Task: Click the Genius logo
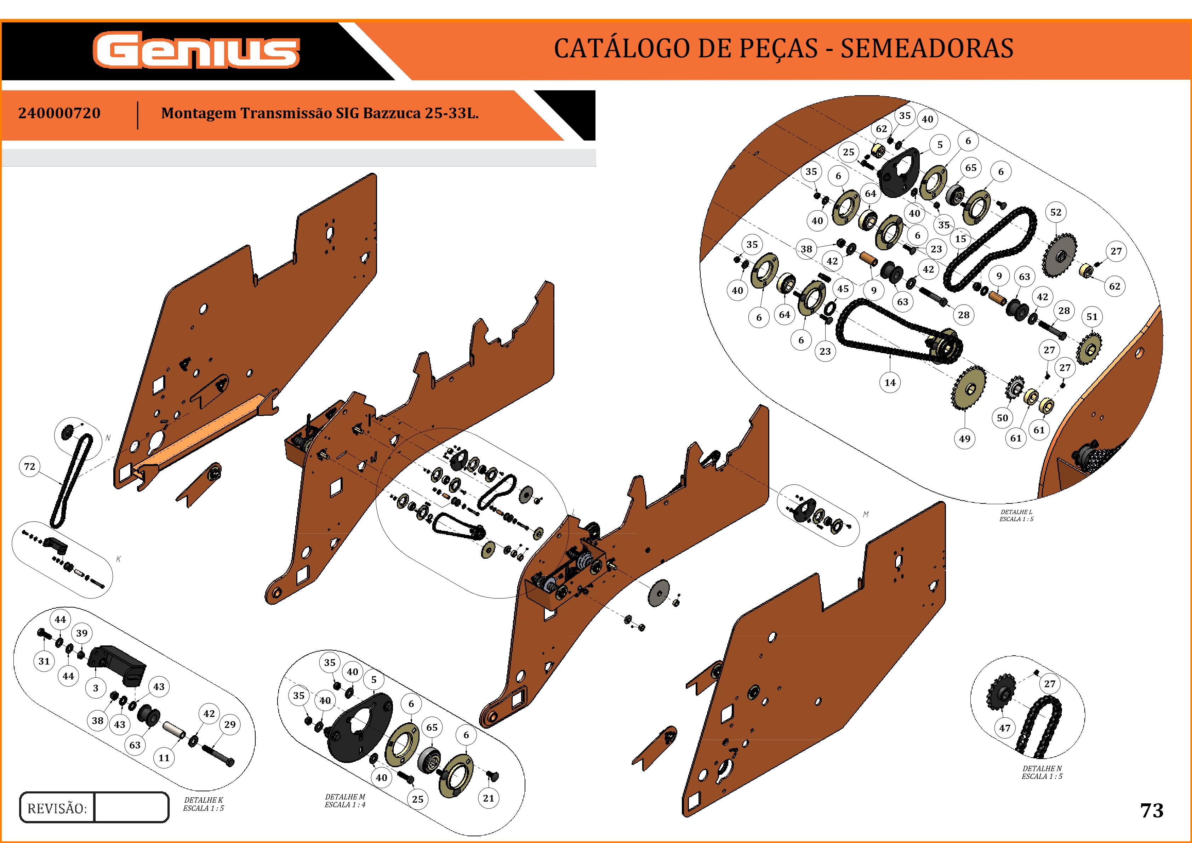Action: [x=196, y=50]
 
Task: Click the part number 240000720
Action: [x=59, y=113]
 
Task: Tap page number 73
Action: [x=1152, y=810]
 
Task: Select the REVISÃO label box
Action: [x=57, y=808]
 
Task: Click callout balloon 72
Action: [x=30, y=466]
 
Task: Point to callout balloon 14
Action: [x=890, y=383]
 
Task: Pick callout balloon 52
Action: [x=1055, y=212]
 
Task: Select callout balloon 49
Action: [x=965, y=439]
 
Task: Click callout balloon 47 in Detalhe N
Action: [x=1005, y=728]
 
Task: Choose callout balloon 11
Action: [x=164, y=758]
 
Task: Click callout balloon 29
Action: [x=230, y=724]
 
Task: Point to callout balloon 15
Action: [x=960, y=239]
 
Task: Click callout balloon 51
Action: [x=1092, y=317]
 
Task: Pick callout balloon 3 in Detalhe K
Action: [x=96, y=688]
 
